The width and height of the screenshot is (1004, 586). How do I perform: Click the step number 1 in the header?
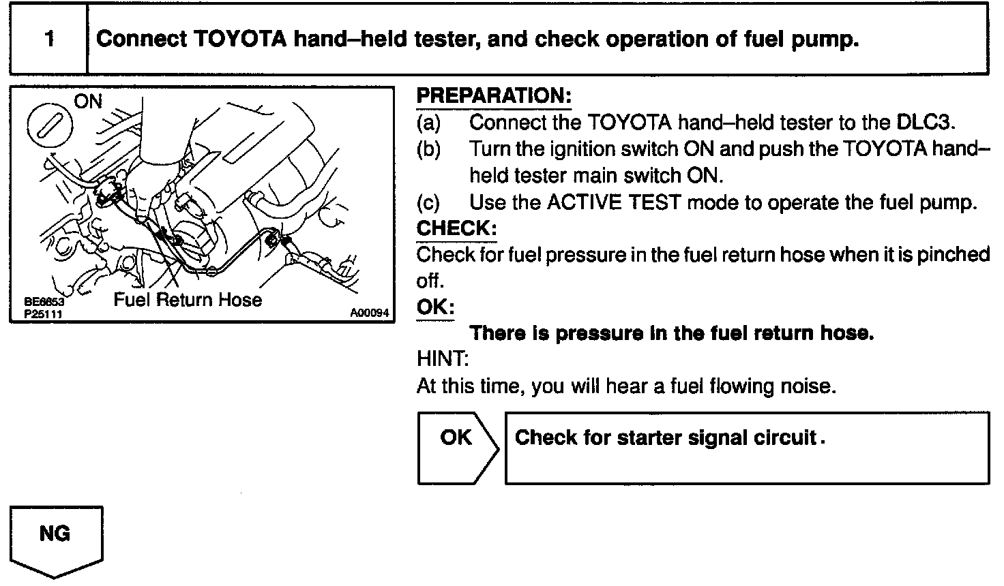pos(49,39)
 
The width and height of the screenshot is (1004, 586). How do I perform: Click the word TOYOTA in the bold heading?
pos(240,40)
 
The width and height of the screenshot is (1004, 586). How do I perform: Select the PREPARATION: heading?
pos(493,96)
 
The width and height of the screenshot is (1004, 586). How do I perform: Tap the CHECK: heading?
pos(456,228)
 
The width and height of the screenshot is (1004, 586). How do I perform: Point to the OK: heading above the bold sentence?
pos(435,307)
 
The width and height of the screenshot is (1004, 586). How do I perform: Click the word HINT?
pos(443,359)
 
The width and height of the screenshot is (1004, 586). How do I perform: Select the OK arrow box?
pos(456,448)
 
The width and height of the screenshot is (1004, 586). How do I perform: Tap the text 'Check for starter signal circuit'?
pos(666,437)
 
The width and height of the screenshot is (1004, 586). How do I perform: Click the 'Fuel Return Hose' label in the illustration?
pos(188,300)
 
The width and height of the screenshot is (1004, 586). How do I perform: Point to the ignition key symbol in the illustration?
pos(53,127)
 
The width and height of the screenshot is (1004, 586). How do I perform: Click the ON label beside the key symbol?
pos(87,102)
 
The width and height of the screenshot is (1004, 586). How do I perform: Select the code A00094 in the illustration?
pos(369,313)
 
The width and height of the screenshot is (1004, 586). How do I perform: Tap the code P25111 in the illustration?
pos(42,313)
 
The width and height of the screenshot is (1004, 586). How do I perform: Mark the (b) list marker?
pos(428,149)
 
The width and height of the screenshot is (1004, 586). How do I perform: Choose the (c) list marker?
pos(428,202)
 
